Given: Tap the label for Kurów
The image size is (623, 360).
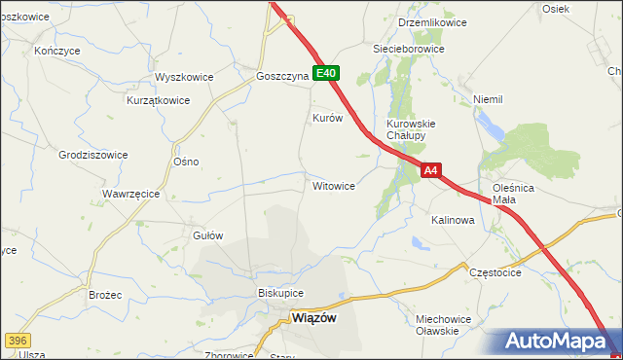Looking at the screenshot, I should [327, 118].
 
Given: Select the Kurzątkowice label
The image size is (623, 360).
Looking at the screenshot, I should [157, 99].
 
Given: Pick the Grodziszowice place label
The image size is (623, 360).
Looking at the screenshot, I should [93, 154].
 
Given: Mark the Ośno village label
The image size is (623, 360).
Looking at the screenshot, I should [185, 162].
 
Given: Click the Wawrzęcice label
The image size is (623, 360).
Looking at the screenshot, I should [130, 194].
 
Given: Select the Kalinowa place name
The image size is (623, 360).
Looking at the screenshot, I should [453, 221].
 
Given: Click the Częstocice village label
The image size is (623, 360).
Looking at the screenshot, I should [495, 272].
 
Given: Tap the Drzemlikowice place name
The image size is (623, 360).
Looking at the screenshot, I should [432, 22].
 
